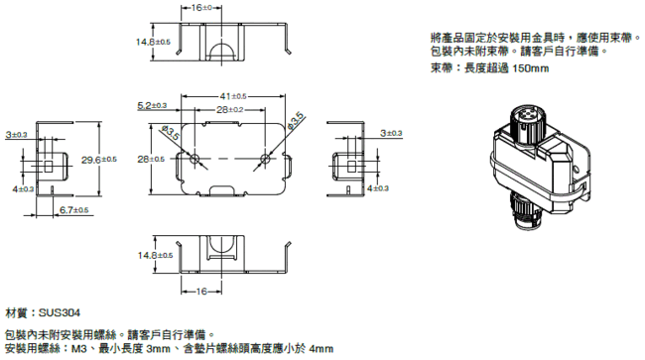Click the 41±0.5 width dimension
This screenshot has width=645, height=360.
pos(232,96)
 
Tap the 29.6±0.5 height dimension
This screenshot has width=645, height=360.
pos(99,159)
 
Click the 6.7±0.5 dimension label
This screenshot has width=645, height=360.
pos(74,210)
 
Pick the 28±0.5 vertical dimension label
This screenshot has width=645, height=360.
pos(151,159)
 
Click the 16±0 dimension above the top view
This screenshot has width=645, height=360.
pos(203,7)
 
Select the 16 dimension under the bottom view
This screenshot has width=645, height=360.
pos(204,292)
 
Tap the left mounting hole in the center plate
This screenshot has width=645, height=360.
pos(197,160)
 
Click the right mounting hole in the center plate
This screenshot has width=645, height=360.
pos(265,160)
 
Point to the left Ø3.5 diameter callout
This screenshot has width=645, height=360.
pos(170,133)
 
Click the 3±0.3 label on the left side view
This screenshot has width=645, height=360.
pos(17,133)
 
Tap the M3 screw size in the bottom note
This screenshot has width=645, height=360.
pos(83,349)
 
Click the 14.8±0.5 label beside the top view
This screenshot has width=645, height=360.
pos(154,42)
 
